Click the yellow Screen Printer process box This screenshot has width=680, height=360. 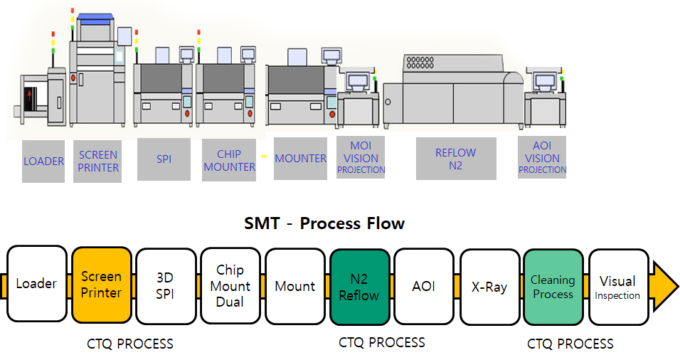click(101, 285)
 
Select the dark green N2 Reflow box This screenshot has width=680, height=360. click(359, 285)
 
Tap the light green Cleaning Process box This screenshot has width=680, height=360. click(553, 285)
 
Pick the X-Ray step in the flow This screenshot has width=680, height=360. click(489, 285)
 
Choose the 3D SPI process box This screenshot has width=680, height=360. click(166, 285)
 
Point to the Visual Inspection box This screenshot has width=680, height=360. click(617, 285)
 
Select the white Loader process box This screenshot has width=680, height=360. click(37, 285)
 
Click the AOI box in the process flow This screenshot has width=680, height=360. click(424, 285)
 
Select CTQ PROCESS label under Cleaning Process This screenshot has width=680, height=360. click(570, 344)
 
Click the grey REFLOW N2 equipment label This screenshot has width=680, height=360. click(455, 159)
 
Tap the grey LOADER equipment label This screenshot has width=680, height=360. click(43, 162)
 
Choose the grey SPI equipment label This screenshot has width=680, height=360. click(164, 159)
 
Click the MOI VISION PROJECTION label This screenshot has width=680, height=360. click(361, 158)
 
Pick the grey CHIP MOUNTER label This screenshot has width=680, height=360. click(229, 160)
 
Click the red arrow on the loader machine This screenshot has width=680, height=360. click(29, 95)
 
